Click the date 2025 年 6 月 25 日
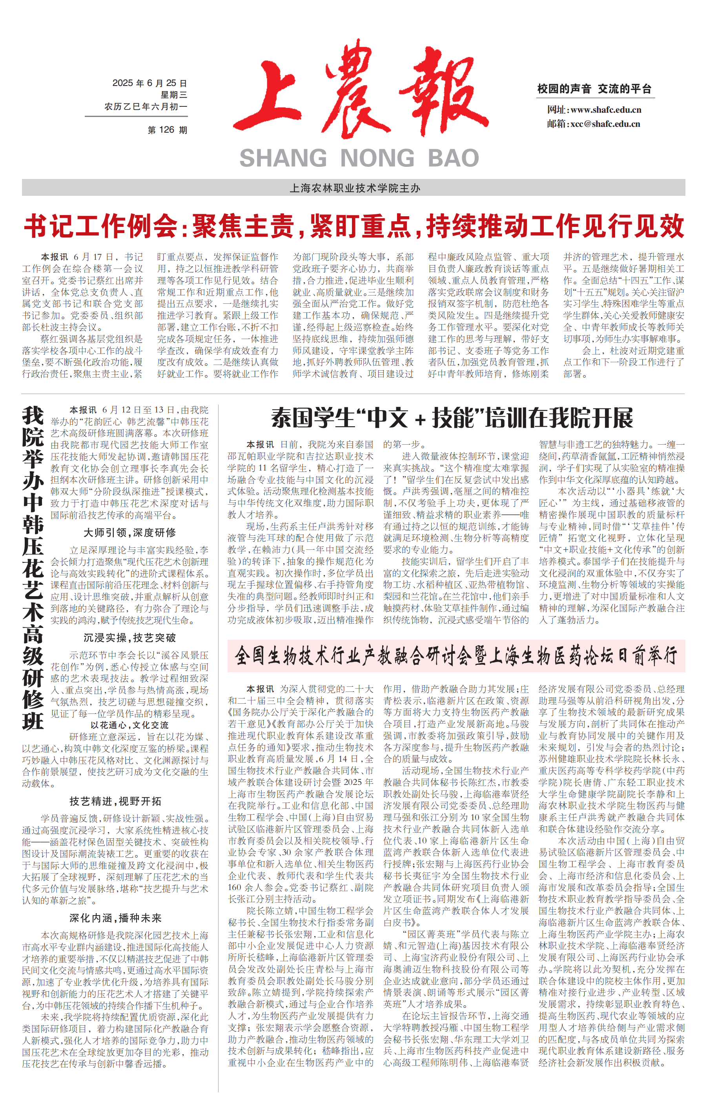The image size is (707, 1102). (149, 83)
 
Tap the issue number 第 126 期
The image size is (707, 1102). (167, 130)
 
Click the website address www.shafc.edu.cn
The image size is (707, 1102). (605, 110)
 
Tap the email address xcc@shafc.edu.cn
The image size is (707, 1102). (605, 124)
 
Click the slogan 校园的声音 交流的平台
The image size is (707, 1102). (594, 89)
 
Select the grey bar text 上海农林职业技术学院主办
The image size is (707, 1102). (354, 188)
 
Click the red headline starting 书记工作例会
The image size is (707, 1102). (353, 226)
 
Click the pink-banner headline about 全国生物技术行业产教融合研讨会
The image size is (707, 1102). (456, 656)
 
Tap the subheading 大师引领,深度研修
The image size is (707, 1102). (129, 533)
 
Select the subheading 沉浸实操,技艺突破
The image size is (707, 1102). (129, 638)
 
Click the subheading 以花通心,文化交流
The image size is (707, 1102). (129, 725)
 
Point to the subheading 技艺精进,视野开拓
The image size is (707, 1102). (115, 801)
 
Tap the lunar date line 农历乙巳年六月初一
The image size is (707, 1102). (146, 106)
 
